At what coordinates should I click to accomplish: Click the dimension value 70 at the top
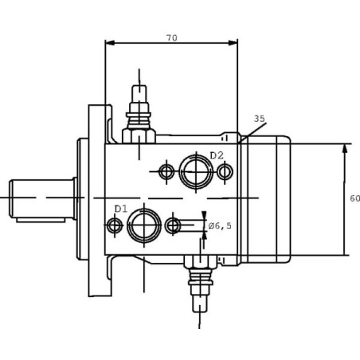click(x=172, y=38)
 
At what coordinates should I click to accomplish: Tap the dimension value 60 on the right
click(x=354, y=198)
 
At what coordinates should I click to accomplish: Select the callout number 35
click(x=260, y=119)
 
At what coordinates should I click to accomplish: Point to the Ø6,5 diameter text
click(x=220, y=226)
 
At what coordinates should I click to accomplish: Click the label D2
click(x=217, y=155)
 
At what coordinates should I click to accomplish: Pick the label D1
click(x=121, y=209)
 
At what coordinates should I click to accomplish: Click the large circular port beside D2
click(x=196, y=172)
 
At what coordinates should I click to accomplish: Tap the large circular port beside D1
click(x=144, y=225)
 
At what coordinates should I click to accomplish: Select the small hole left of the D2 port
click(x=166, y=172)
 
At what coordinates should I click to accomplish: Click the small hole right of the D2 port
click(x=225, y=172)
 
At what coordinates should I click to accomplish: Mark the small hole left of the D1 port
click(x=115, y=225)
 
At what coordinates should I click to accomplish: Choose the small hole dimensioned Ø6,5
click(x=173, y=225)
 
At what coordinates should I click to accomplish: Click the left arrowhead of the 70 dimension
click(x=110, y=42)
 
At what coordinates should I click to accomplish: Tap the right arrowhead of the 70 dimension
click(x=233, y=42)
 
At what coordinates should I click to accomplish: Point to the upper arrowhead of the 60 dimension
click(x=345, y=148)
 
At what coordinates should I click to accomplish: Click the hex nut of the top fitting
click(x=139, y=136)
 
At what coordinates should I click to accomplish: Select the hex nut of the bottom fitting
click(x=200, y=261)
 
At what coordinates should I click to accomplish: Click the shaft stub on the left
click(x=42, y=198)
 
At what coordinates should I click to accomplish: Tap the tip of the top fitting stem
click(x=139, y=85)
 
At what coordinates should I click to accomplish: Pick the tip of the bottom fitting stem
click(x=200, y=312)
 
